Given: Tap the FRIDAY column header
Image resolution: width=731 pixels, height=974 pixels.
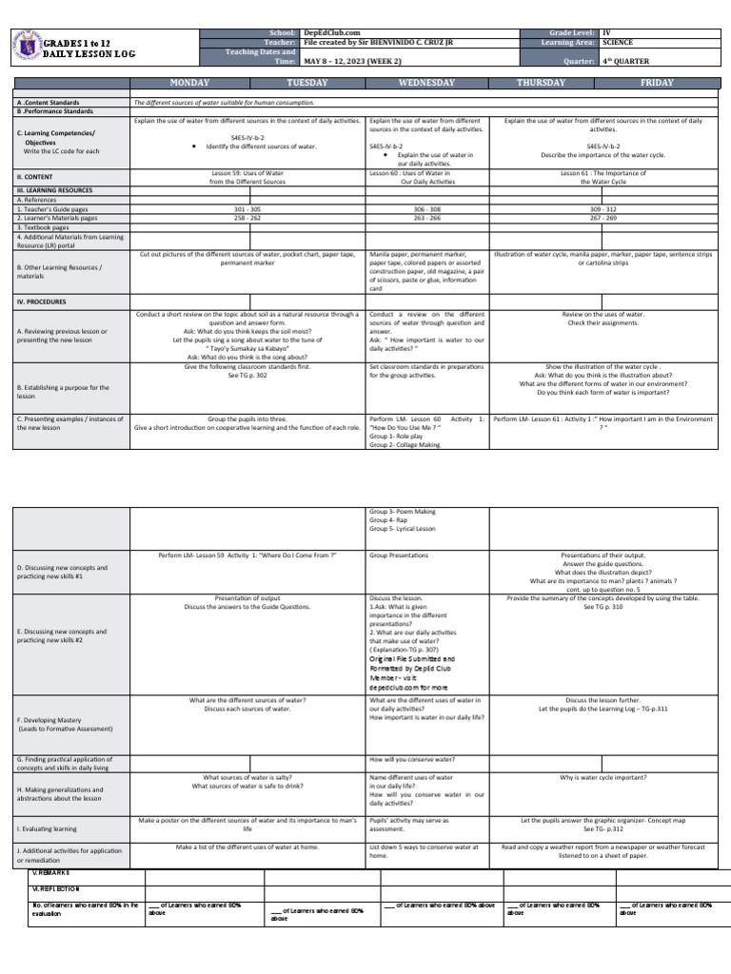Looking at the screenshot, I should (x=657, y=83).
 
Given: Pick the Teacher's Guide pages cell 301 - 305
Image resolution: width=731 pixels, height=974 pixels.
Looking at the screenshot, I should (x=247, y=208).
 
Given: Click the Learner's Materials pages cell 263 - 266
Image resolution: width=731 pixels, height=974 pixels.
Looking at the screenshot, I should (x=426, y=218).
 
